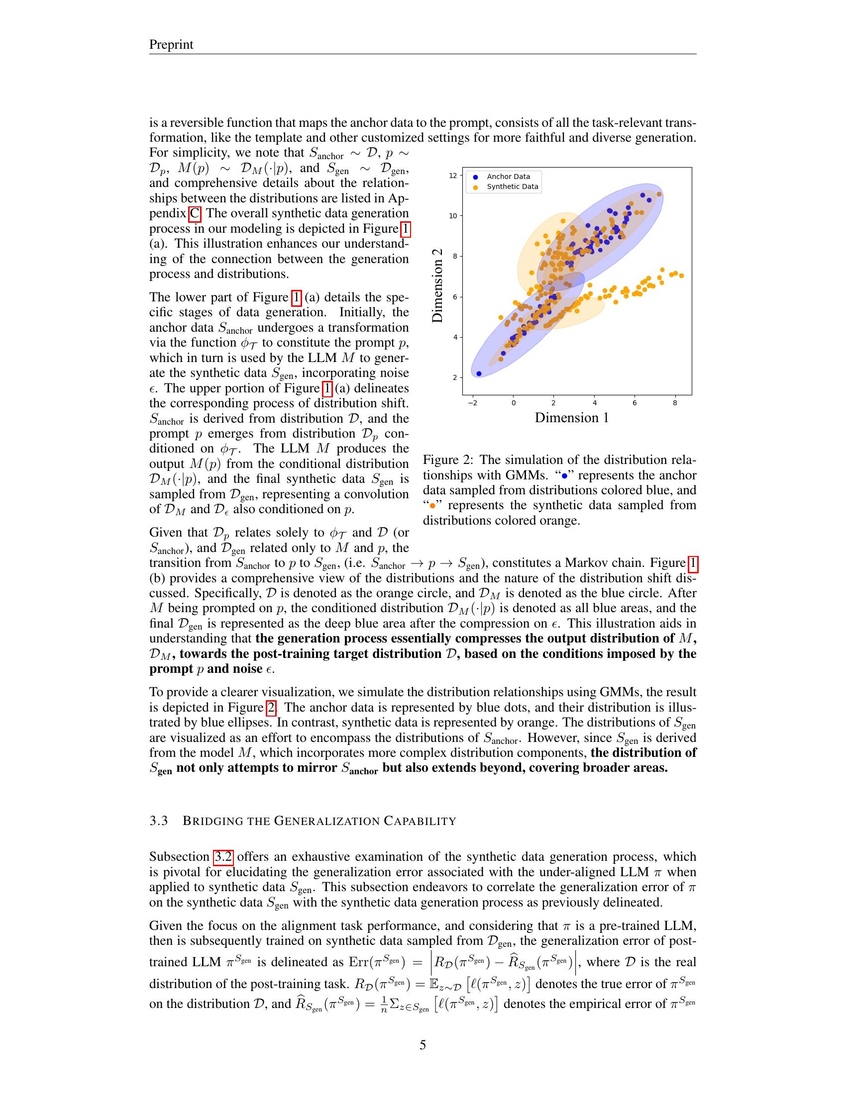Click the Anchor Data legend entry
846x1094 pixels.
click(x=508, y=177)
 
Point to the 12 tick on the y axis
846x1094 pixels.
click(x=453, y=176)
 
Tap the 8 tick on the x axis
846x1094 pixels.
click(x=675, y=402)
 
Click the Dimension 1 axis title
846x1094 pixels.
click(x=571, y=418)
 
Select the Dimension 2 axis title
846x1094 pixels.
click(x=437, y=285)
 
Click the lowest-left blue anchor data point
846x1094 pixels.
click(x=479, y=373)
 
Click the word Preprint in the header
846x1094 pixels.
click(x=171, y=45)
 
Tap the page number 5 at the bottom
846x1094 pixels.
click(x=423, y=1045)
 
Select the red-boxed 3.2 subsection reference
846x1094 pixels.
click(x=223, y=857)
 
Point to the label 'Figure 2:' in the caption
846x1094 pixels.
click(x=447, y=460)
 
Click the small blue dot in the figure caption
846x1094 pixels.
click(x=564, y=476)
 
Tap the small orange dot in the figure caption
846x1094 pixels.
click(x=431, y=506)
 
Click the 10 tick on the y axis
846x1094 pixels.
click(x=453, y=216)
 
